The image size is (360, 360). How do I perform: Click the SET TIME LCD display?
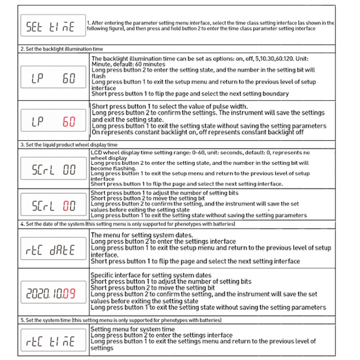(x=53, y=25)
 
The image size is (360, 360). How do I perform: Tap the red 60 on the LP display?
(x=69, y=122)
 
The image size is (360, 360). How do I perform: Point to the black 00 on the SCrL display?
(x=69, y=170)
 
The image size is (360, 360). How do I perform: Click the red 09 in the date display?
(x=69, y=294)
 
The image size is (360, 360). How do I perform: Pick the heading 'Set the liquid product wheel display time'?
(x=69, y=145)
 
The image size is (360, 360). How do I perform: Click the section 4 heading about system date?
(x=128, y=224)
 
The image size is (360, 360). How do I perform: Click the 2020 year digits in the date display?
(x=37, y=294)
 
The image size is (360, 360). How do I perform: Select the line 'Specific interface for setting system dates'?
(x=151, y=275)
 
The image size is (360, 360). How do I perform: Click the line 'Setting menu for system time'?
(x=132, y=329)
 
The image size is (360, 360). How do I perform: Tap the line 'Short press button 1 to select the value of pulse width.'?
(x=170, y=106)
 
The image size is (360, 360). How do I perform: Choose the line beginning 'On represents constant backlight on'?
(x=198, y=132)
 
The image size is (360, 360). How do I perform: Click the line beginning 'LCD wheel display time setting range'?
(x=200, y=153)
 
